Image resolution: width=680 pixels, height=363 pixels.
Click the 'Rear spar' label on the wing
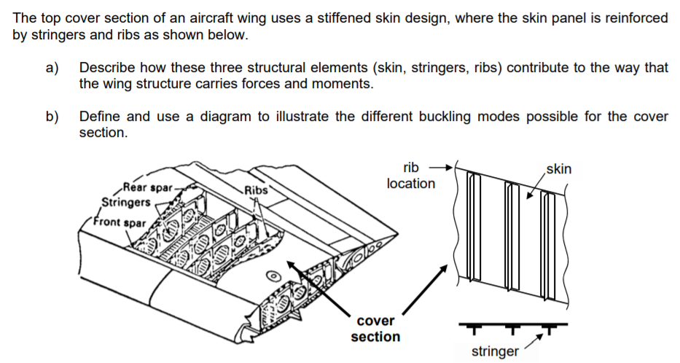click(x=148, y=188)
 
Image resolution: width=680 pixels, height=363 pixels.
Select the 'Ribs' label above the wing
click(x=256, y=190)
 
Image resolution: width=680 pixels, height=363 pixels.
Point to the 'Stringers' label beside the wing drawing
click(x=126, y=202)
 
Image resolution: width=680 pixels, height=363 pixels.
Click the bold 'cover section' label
click(x=375, y=329)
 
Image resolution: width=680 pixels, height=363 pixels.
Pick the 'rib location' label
click(x=410, y=176)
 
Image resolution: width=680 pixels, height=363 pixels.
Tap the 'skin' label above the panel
click(x=558, y=169)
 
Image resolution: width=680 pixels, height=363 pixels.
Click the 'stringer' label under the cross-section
click(x=495, y=351)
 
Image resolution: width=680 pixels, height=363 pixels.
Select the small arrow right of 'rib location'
click(x=442, y=167)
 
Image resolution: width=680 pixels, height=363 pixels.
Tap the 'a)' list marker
click(x=52, y=68)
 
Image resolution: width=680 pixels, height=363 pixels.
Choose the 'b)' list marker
click(x=52, y=117)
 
